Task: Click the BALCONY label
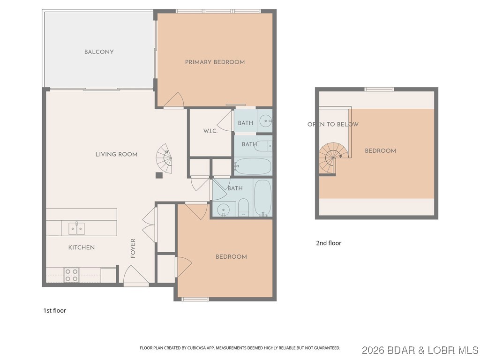(x=99, y=52)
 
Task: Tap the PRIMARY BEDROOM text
(x=215, y=62)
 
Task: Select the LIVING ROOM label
(x=116, y=155)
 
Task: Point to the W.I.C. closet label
(x=210, y=131)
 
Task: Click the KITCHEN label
(x=82, y=247)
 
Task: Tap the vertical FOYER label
(x=133, y=248)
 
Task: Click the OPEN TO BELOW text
(x=333, y=124)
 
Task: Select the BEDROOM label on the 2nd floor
(x=380, y=151)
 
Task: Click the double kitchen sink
(x=77, y=229)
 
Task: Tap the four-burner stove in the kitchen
(x=71, y=275)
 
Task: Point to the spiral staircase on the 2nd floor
(x=334, y=157)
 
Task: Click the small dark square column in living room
(x=159, y=176)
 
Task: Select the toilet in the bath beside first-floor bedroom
(x=243, y=208)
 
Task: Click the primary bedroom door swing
(x=175, y=99)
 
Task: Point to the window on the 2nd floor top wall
(x=379, y=89)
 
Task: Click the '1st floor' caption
(x=54, y=310)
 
